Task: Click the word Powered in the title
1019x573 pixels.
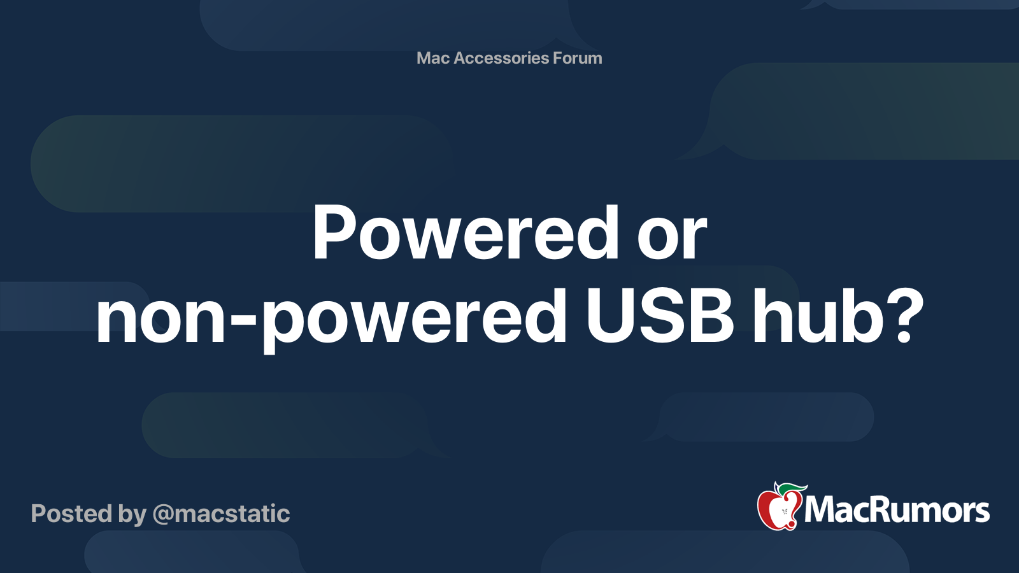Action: click(x=466, y=234)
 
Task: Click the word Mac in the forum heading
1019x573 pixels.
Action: click(x=433, y=58)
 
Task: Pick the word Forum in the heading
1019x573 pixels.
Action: click(x=577, y=58)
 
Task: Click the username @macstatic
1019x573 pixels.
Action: click(x=221, y=514)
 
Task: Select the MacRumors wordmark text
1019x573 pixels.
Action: click(x=897, y=510)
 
